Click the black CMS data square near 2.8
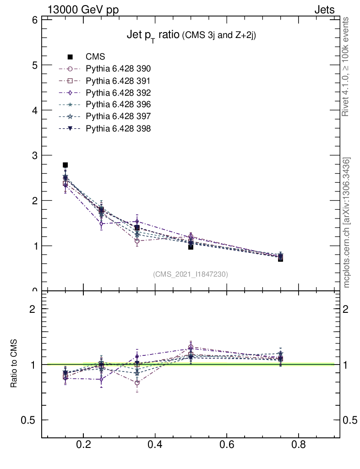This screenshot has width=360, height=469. click(65, 165)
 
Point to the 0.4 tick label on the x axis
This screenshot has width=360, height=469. click(155, 445)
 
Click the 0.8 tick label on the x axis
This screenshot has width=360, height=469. click(299, 445)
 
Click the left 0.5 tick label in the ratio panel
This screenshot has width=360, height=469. click(29, 420)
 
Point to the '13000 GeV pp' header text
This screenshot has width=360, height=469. click(83, 10)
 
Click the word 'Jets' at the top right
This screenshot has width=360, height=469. click(324, 10)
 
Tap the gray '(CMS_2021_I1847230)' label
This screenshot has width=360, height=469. click(190, 274)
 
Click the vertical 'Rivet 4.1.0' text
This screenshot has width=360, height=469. click(346, 66)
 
